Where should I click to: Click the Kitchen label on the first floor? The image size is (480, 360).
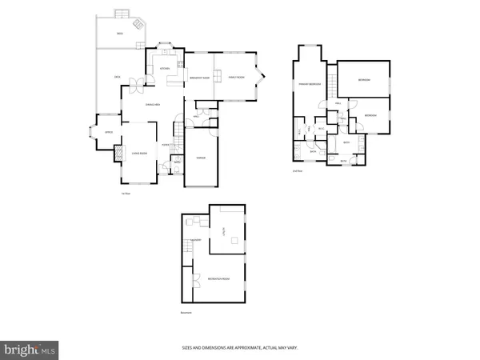tap(166, 68)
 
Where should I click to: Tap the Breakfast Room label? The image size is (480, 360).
tap(200, 78)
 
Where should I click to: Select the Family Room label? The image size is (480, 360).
tap(236, 78)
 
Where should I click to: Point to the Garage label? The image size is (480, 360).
tap(202, 158)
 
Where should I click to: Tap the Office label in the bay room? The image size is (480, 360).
tap(107, 133)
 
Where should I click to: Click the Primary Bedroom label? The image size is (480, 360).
tap(310, 83)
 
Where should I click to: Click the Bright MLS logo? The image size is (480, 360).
tap(30, 349)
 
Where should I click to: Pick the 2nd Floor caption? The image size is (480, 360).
tap(297, 171)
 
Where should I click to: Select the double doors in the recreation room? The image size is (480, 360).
tap(196, 280)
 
